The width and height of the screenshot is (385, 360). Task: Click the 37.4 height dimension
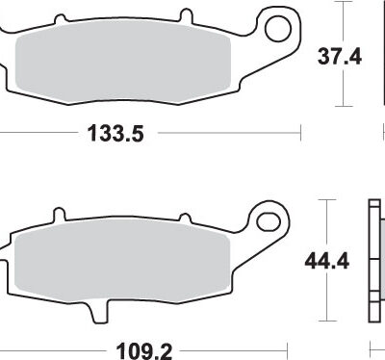[x=340, y=57]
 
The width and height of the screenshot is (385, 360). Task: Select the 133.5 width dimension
[x=115, y=133]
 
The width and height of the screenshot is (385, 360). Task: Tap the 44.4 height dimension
[x=327, y=261]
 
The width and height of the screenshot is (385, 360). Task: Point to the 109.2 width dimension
[x=144, y=351]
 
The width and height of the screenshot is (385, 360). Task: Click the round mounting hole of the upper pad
[x=278, y=29]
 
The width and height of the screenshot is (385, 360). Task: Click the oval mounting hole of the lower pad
[x=269, y=221]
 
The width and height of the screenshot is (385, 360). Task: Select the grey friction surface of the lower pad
[x=122, y=261]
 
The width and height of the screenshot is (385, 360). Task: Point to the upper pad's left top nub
[x=60, y=18]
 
